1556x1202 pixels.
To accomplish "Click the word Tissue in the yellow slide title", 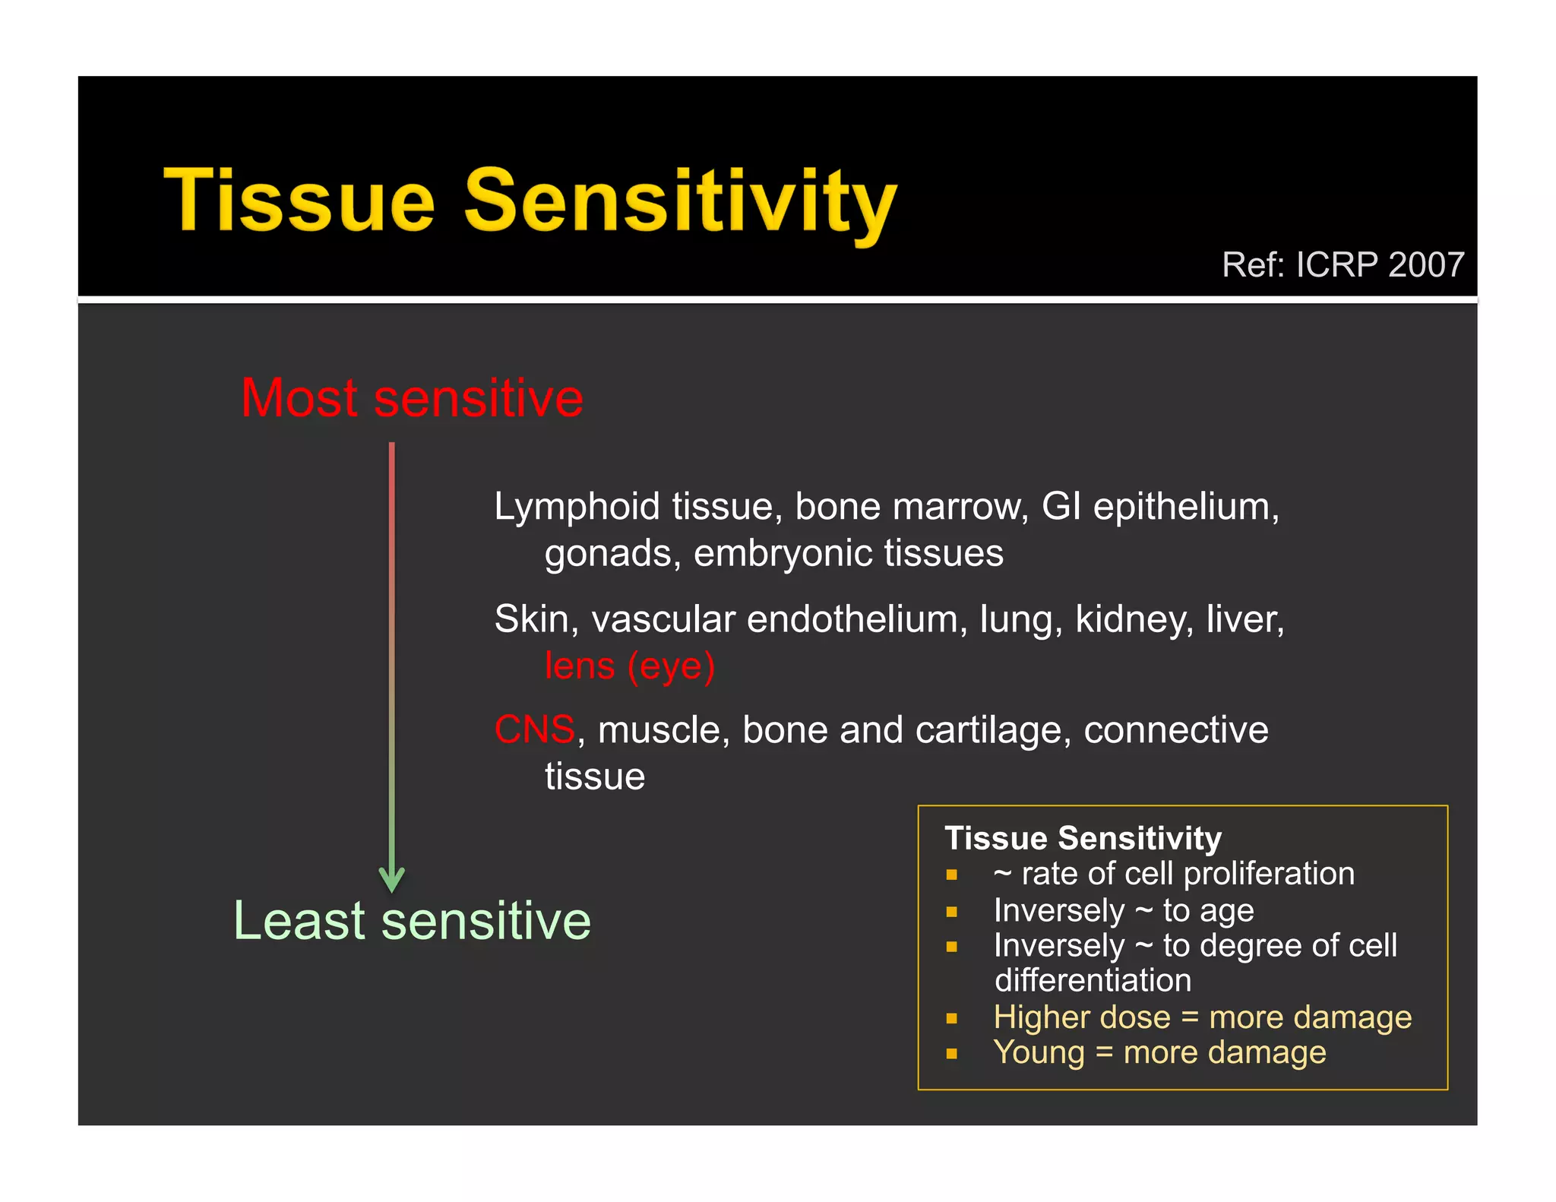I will click(299, 201).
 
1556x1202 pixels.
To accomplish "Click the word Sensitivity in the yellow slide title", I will click(681, 201).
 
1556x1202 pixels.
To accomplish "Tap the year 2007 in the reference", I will click(1425, 265).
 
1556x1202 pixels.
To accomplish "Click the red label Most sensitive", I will click(412, 398).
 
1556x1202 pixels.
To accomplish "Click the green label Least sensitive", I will click(412, 921).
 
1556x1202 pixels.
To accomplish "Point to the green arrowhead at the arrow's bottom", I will click(391, 881).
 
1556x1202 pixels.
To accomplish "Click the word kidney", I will click(1134, 619).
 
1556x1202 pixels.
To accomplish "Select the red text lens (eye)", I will click(630, 666).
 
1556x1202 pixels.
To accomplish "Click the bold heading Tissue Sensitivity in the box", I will click(1083, 838).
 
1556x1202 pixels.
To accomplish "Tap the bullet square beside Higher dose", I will click(951, 1019).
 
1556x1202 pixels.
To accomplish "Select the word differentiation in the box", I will click(1093, 981).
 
